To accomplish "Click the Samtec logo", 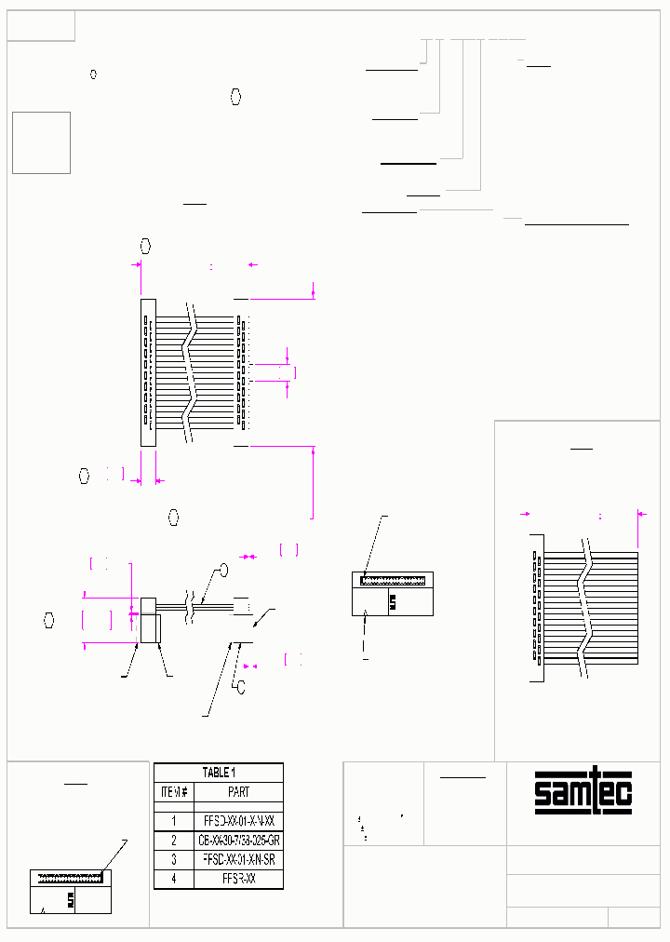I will coord(583,792).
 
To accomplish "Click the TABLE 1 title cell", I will coord(219,773).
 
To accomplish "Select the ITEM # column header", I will coord(174,792).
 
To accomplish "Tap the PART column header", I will coord(238,792).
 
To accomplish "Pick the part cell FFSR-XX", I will coord(238,878).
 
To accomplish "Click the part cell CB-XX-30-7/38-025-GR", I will coord(238,841).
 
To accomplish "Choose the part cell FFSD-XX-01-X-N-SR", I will coord(238,859).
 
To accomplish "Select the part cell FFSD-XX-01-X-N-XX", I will coord(238,821).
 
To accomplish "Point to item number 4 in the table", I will coord(174,878).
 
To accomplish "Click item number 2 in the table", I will coord(174,841).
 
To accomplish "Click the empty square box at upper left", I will coord(41,142).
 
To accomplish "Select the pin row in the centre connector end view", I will coord(393,579).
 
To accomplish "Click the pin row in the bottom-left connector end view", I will coord(70,877).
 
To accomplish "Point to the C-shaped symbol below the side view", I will coord(240,688).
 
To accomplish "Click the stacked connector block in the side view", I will coord(151,621).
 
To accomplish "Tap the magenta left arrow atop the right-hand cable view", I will coord(525,513).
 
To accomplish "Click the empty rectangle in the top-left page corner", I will coord(41,28).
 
